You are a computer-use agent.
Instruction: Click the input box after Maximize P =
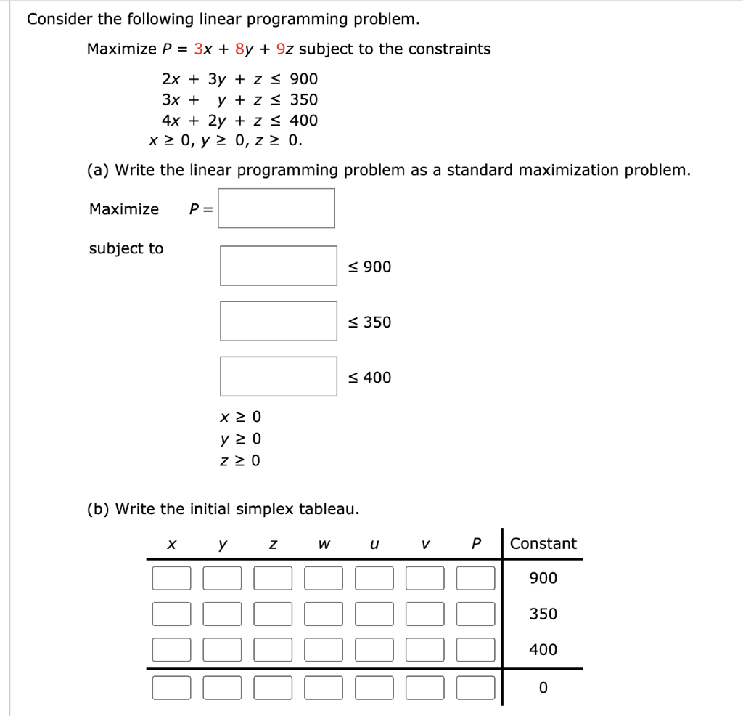coord(276,208)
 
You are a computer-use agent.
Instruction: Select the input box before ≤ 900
coord(279,266)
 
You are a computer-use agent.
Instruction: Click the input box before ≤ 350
coord(279,321)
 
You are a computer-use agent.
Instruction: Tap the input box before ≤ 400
coord(279,376)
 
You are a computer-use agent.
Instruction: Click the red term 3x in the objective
coord(202,49)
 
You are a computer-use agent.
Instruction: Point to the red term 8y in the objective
coord(245,49)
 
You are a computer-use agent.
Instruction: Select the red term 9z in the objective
coord(285,49)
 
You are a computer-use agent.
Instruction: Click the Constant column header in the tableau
coord(543,544)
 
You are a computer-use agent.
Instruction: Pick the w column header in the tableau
coord(323,544)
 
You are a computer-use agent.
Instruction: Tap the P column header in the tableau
coord(476,544)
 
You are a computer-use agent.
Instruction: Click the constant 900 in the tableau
coord(543,579)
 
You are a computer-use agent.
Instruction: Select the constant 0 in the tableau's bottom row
coord(543,687)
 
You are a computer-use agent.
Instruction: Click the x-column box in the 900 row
coord(171,579)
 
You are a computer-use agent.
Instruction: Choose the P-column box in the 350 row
coord(476,614)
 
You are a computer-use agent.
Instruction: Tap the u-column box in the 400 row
coord(374,649)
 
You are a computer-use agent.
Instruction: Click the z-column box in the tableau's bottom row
coord(273,687)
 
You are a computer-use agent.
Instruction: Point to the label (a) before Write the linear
coord(99,171)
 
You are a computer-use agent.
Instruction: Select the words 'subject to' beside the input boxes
coord(126,248)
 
